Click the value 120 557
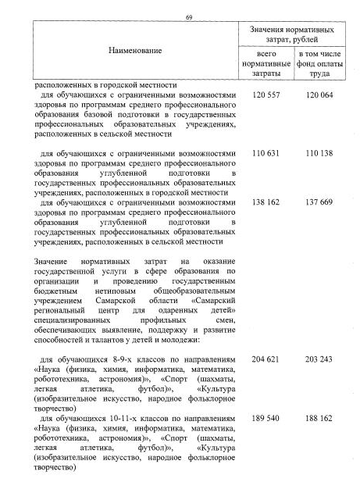click(x=266, y=95)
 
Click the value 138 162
click(x=266, y=202)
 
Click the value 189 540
click(x=266, y=420)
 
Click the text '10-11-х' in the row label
click(x=109, y=420)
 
